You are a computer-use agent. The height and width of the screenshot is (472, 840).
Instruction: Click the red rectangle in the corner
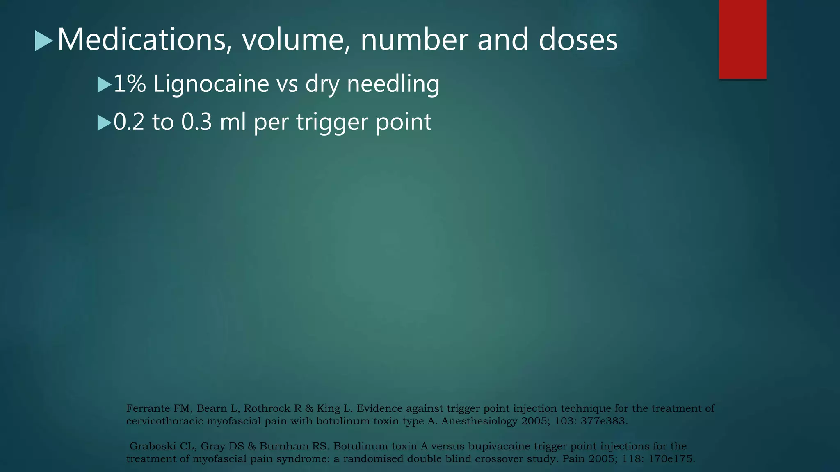pyautogui.click(x=742, y=39)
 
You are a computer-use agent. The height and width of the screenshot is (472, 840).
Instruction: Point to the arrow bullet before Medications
pyautogui.click(x=43, y=41)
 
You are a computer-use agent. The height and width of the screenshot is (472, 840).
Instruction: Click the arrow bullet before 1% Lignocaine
pyautogui.click(x=104, y=85)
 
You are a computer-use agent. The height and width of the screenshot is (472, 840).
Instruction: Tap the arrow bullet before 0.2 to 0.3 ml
pyautogui.click(x=104, y=123)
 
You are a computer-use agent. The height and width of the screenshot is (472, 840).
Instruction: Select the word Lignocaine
pyautogui.click(x=211, y=84)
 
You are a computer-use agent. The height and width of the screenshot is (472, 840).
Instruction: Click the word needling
pyautogui.click(x=393, y=84)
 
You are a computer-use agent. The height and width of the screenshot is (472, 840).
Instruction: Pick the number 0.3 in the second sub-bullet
pyautogui.click(x=196, y=122)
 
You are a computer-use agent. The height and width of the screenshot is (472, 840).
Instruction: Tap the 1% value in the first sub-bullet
pyautogui.click(x=130, y=84)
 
